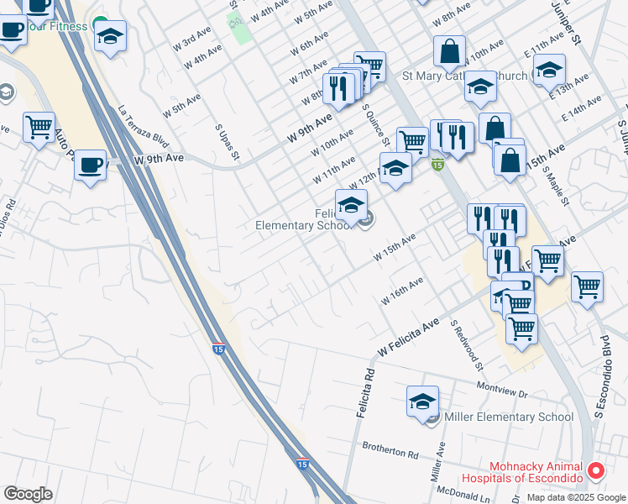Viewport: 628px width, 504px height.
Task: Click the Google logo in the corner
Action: click(28, 495)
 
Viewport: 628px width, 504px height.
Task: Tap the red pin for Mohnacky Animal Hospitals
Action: click(596, 471)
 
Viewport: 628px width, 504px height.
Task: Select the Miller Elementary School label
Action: click(509, 417)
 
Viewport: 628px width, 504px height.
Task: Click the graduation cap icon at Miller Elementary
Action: click(423, 402)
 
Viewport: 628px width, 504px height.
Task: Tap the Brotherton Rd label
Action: click(390, 450)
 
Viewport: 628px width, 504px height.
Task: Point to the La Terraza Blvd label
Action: click(139, 134)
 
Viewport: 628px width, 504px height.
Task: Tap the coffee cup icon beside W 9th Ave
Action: click(91, 165)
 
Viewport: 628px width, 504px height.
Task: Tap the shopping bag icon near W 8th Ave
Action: click(450, 51)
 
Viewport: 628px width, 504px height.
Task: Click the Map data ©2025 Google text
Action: click(576, 496)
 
